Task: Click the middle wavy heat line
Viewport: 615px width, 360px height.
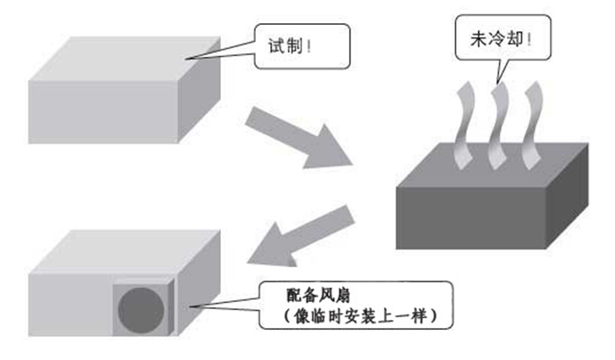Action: [x=498, y=125]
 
